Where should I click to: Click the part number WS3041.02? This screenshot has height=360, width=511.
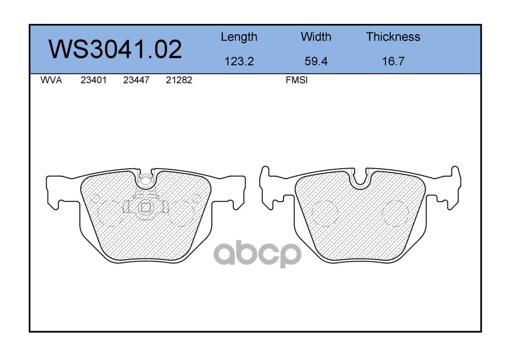click(115, 49)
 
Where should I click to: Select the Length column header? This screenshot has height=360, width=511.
click(239, 37)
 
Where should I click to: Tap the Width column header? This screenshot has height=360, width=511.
click(316, 36)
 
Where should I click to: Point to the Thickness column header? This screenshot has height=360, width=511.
click(393, 36)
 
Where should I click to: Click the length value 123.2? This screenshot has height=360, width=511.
click(239, 61)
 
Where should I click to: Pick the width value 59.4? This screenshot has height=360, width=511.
click(316, 61)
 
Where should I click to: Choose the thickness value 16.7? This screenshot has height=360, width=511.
click(393, 61)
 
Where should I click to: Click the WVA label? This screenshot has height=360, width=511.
click(51, 80)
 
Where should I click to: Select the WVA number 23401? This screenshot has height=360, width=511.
click(94, 80)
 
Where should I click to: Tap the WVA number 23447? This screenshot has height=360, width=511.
click(136, 80)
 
